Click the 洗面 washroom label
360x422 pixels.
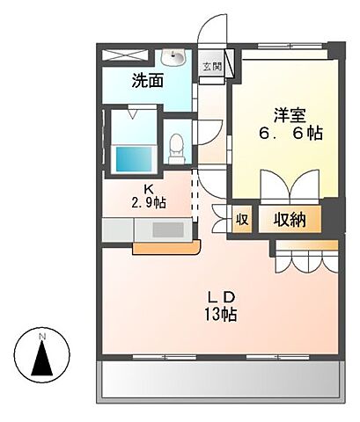148,82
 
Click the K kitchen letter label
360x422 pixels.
149,188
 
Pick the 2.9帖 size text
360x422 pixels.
147,203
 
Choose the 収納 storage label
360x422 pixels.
288,220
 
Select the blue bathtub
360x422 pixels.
135,159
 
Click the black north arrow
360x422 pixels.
42,360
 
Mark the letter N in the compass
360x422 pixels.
42,336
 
